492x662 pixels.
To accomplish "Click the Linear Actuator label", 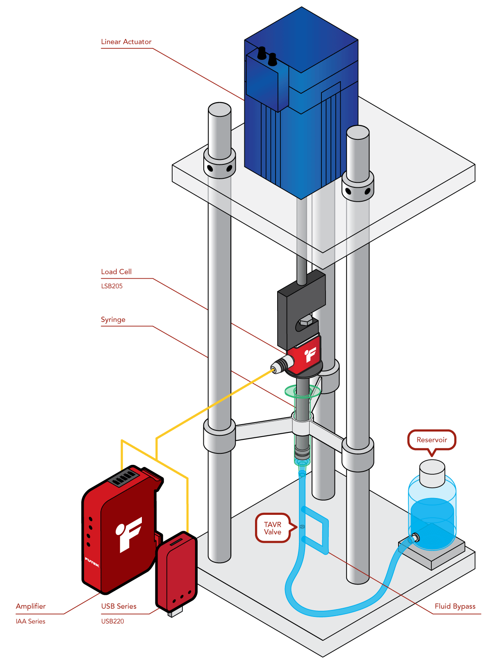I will coord(126,42).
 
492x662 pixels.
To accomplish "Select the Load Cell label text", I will coord(116,272).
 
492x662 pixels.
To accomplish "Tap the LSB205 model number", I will coord(112,286).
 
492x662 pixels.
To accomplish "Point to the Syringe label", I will coord(113,320).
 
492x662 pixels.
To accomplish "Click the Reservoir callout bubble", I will coord(431,440).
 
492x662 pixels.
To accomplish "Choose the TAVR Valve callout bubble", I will coord(272,528).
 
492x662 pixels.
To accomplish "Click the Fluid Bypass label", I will coord(455,606).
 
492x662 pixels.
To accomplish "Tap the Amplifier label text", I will coord(30,606).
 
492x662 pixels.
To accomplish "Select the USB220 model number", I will coord(112,621).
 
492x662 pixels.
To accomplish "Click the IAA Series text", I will coord(30,621).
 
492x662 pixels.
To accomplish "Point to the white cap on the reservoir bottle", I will coord(432,473).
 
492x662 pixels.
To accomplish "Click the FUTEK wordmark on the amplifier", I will coord(92,562).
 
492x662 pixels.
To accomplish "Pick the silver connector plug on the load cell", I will coord(281,364).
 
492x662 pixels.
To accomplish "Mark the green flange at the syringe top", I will coord(303,391).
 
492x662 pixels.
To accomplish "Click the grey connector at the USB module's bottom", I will coord(175,612).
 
